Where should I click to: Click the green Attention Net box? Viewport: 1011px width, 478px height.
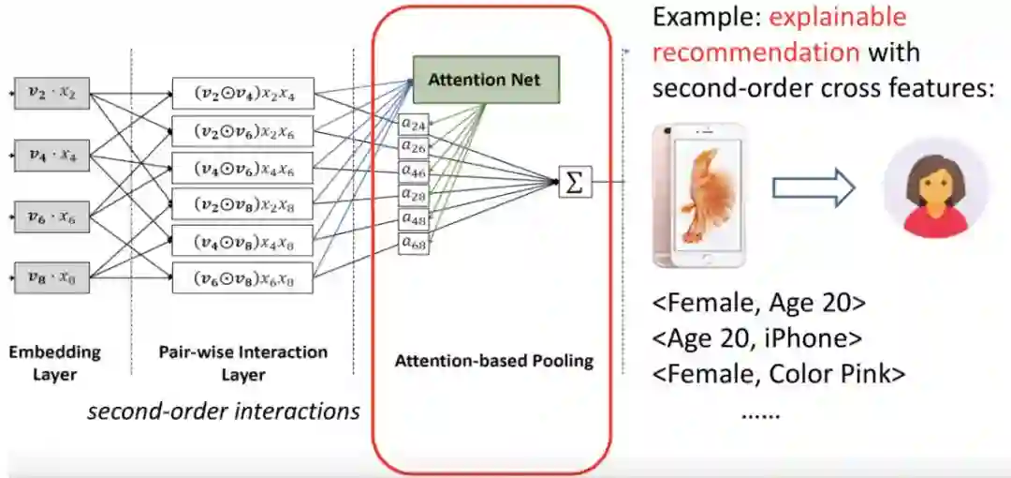485,80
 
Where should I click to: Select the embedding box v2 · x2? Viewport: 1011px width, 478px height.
51,94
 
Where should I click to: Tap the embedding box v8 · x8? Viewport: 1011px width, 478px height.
51,278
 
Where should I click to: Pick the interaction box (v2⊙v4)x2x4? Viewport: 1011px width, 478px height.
242,95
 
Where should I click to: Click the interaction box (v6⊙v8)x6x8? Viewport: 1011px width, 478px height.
242,278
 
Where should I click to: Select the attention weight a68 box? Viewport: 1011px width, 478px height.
414,244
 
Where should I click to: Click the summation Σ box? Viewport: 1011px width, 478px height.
575,182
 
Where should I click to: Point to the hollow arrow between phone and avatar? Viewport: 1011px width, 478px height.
813,188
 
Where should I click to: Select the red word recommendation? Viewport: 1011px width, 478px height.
755,52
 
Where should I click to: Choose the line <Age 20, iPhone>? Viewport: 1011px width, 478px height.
756,338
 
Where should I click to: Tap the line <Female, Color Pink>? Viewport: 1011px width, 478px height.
779,374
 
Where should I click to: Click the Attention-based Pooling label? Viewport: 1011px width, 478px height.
493,361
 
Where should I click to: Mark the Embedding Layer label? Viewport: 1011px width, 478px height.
54,364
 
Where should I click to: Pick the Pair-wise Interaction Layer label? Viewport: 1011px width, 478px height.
243,364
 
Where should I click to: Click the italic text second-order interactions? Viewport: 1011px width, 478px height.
223,411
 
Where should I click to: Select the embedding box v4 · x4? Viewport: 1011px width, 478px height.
51,156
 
